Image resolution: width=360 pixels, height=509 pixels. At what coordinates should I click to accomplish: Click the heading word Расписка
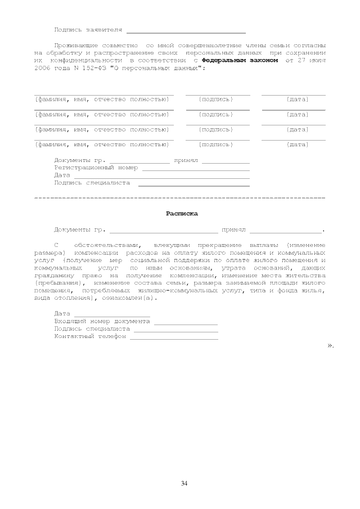point(182,214)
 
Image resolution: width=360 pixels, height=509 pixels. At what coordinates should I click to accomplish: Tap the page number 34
point(184,483)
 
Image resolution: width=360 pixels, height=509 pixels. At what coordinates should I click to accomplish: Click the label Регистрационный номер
point(96,167)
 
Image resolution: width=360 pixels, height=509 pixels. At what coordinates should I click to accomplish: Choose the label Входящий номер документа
point(102,321)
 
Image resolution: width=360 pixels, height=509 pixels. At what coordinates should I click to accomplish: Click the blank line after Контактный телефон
point(174,338)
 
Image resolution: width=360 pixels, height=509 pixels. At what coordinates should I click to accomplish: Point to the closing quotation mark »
point(331,345)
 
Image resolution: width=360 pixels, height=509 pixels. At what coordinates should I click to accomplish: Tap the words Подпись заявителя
point(88,29)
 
